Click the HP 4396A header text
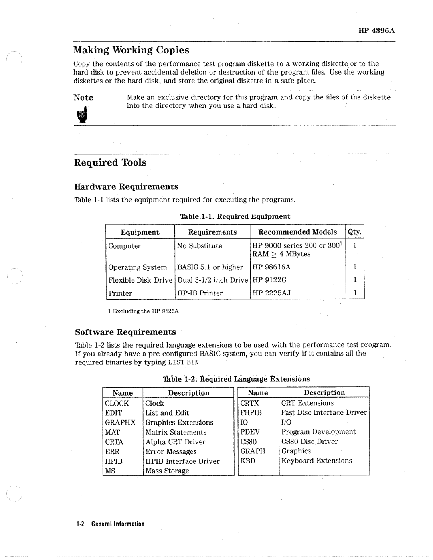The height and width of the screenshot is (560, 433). point(376,31)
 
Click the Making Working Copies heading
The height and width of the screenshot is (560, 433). point(131,50)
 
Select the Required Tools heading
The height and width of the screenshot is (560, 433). point(110,162)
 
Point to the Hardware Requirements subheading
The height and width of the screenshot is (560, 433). point(126,187)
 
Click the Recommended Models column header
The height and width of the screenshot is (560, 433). point(297,232)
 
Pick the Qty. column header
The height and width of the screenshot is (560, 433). point(355,232)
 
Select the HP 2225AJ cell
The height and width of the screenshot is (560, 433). point(271,293)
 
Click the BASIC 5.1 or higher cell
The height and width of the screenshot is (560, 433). point(210,267)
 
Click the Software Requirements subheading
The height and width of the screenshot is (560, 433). point(125,332)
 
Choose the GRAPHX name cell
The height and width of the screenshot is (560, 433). point(120,423)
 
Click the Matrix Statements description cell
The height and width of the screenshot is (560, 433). point(176,432)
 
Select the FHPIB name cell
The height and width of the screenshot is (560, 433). point(251,413)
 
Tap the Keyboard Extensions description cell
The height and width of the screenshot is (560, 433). point(317,461)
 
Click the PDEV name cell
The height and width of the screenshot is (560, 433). point(250,432)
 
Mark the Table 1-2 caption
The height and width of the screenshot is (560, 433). point(236,379)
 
